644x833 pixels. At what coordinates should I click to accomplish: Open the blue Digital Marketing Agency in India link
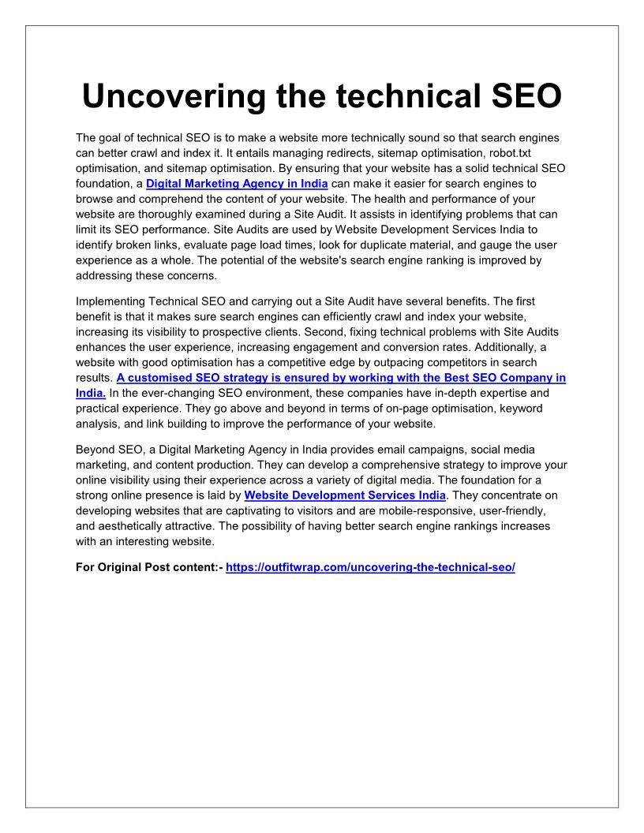(x=237, y=184)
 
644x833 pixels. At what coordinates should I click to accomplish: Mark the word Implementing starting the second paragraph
(x=112, y=301)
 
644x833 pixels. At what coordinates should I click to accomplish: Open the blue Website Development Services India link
(x=345, y=495)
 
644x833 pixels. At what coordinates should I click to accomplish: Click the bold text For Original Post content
(x=148, y=567)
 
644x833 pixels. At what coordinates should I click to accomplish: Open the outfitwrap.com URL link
(x=370, y=567)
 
